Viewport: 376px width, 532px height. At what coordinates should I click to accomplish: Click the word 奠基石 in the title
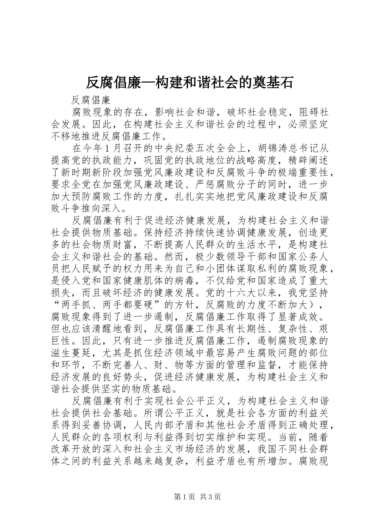coord(271,82)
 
